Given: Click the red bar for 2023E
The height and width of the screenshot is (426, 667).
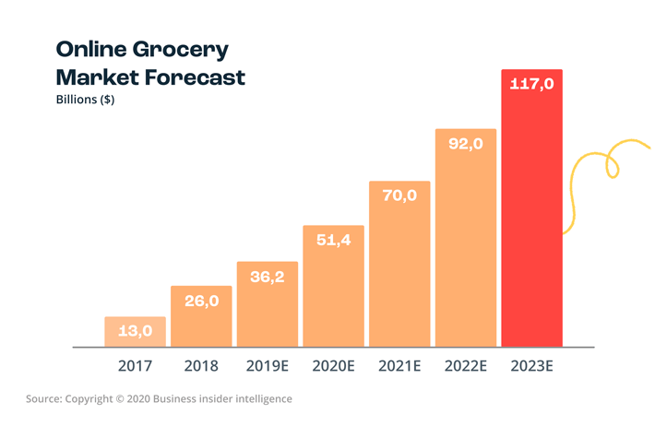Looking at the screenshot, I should pos(531,221).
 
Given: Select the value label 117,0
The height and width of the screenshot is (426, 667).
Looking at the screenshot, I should pos(531,85).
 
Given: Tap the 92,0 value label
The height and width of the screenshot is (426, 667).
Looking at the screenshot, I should pos(465,144).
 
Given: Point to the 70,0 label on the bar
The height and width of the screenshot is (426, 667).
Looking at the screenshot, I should pos(399,195).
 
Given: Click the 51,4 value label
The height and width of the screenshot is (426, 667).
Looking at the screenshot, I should pos(332,240).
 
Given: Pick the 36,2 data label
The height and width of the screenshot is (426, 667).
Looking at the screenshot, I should pos(267,276).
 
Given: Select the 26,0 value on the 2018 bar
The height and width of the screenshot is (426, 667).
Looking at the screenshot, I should pos(200,300).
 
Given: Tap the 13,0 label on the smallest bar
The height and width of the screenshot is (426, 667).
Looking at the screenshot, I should pos(135,330).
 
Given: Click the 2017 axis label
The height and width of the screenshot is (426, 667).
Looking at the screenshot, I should pos(135,366).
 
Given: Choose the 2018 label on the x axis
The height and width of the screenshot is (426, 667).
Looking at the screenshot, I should pos(201,366).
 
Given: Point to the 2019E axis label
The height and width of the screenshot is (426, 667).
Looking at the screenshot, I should pos(268,366).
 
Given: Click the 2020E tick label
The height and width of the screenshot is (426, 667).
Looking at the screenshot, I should pos(333,366).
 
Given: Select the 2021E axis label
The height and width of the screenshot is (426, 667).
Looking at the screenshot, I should pos(399,366).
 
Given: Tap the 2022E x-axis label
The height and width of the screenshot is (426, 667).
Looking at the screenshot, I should pos(466,366).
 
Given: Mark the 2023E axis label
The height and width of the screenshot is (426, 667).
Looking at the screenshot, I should pos(532,366).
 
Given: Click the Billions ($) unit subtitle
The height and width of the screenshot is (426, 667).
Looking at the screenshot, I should pos(85,101).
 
